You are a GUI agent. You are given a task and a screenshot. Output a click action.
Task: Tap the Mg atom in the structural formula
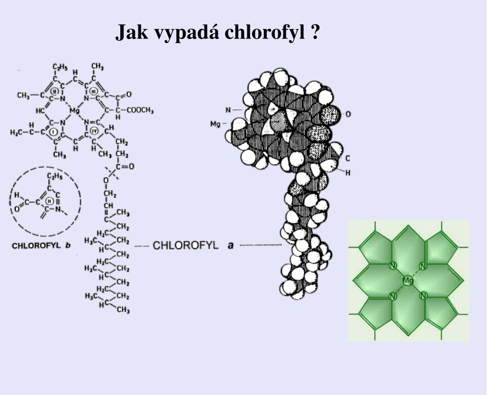click(74, 111)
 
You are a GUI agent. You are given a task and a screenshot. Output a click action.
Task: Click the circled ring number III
click(93, 91)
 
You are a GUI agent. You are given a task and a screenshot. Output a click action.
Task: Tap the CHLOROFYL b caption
click(41, 246)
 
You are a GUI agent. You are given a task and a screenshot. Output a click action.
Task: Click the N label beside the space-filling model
click(228, 110)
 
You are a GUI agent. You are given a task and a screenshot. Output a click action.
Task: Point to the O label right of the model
click(348, 115)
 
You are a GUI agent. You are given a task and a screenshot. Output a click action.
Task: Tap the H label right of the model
click(348, 173)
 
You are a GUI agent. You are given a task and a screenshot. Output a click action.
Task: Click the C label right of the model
click(348, 158)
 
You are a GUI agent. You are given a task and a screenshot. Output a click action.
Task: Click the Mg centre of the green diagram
click(408, 281)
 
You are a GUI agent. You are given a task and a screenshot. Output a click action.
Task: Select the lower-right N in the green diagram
click(423, 296)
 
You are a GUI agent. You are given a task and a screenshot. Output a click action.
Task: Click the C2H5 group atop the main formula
click(59, 67)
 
